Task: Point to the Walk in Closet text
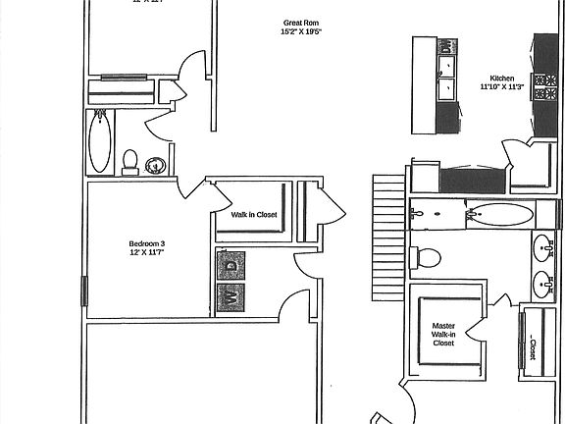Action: point(254,214)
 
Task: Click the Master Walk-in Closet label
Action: point(443,334)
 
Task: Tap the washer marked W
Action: point(231,295)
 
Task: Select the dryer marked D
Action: point(231,264)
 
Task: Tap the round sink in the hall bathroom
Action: point(155,165)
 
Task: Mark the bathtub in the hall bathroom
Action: point(100,141)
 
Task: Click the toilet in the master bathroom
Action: point(428,257)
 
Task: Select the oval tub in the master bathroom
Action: point(500,213)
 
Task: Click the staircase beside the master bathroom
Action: point(387,236)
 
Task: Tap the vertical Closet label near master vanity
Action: point(533,346)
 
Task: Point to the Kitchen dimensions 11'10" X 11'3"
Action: point(502,86)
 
